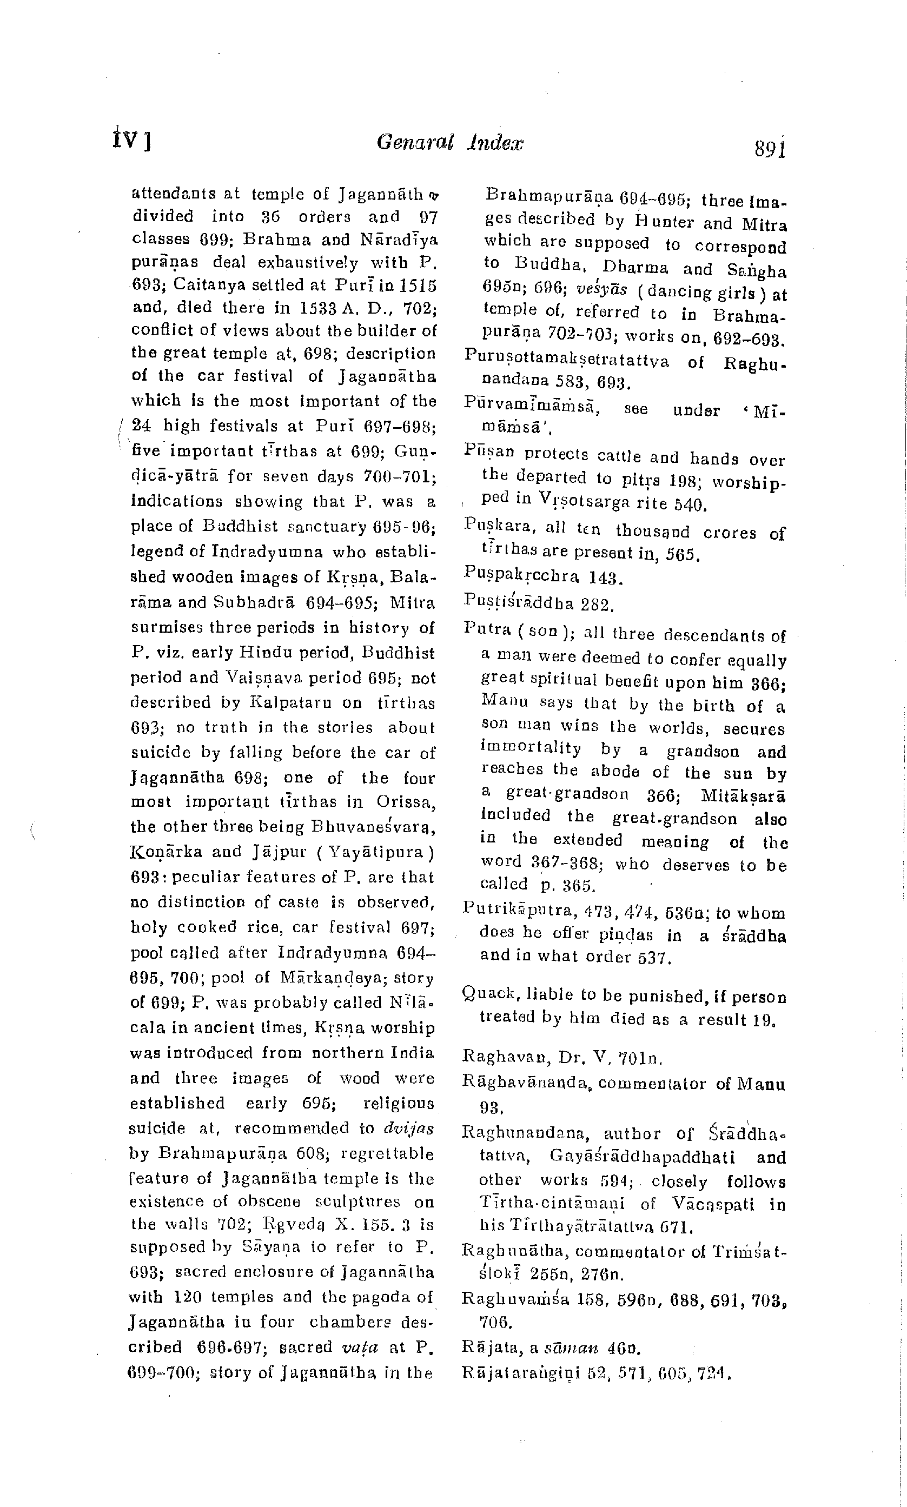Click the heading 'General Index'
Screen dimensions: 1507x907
450,142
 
